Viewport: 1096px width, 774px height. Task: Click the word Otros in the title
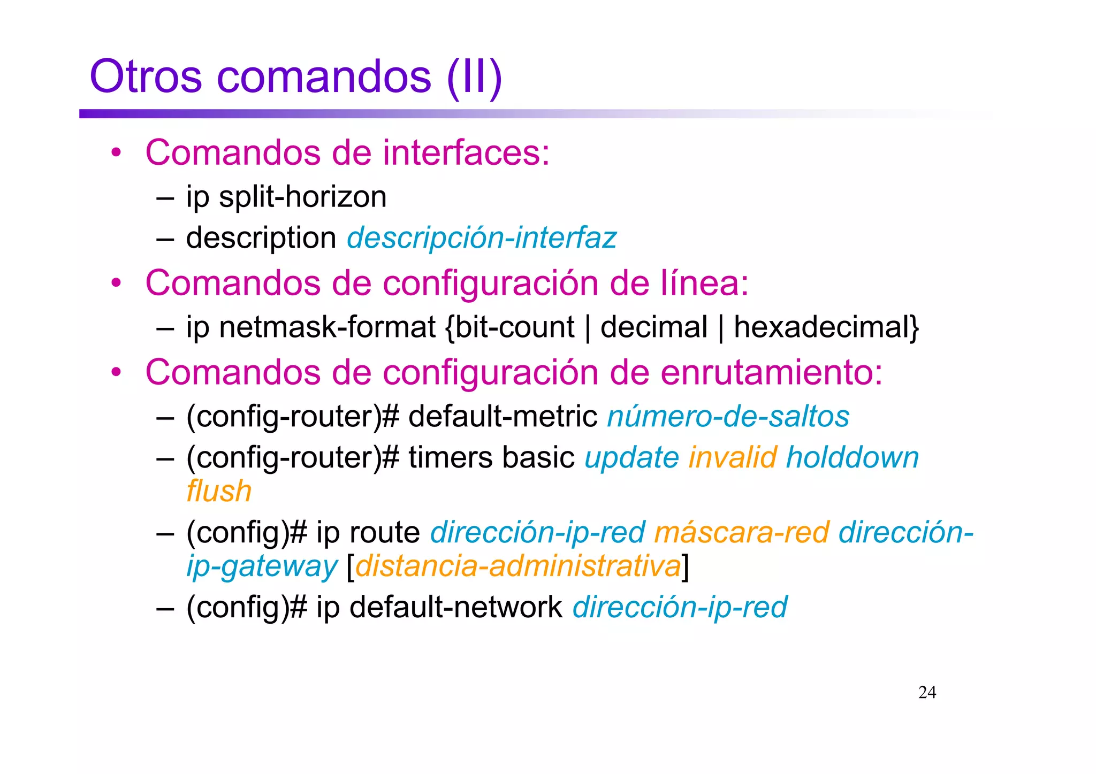[146, 76]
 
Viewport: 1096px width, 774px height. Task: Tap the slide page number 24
[927, 692]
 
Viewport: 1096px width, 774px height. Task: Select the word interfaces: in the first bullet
[466, 152]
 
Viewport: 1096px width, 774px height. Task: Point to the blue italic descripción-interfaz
[482, 237]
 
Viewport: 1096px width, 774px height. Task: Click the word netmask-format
[327, 327]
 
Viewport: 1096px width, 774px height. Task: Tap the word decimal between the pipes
[653, 327]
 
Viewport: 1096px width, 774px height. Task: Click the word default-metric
[503, 416]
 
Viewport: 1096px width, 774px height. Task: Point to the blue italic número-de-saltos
[728, 416]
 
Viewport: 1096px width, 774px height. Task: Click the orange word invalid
[732, 457]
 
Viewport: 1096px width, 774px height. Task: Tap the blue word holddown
[852, 457]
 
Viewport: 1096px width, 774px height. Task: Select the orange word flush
[219, 491]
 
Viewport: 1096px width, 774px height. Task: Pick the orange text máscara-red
[741, 532]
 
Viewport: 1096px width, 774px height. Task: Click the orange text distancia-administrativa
[517, 566]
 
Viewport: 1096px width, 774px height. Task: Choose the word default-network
[455, 607]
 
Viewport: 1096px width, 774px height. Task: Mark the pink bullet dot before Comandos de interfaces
[116, 153]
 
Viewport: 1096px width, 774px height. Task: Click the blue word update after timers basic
[631, 458]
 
